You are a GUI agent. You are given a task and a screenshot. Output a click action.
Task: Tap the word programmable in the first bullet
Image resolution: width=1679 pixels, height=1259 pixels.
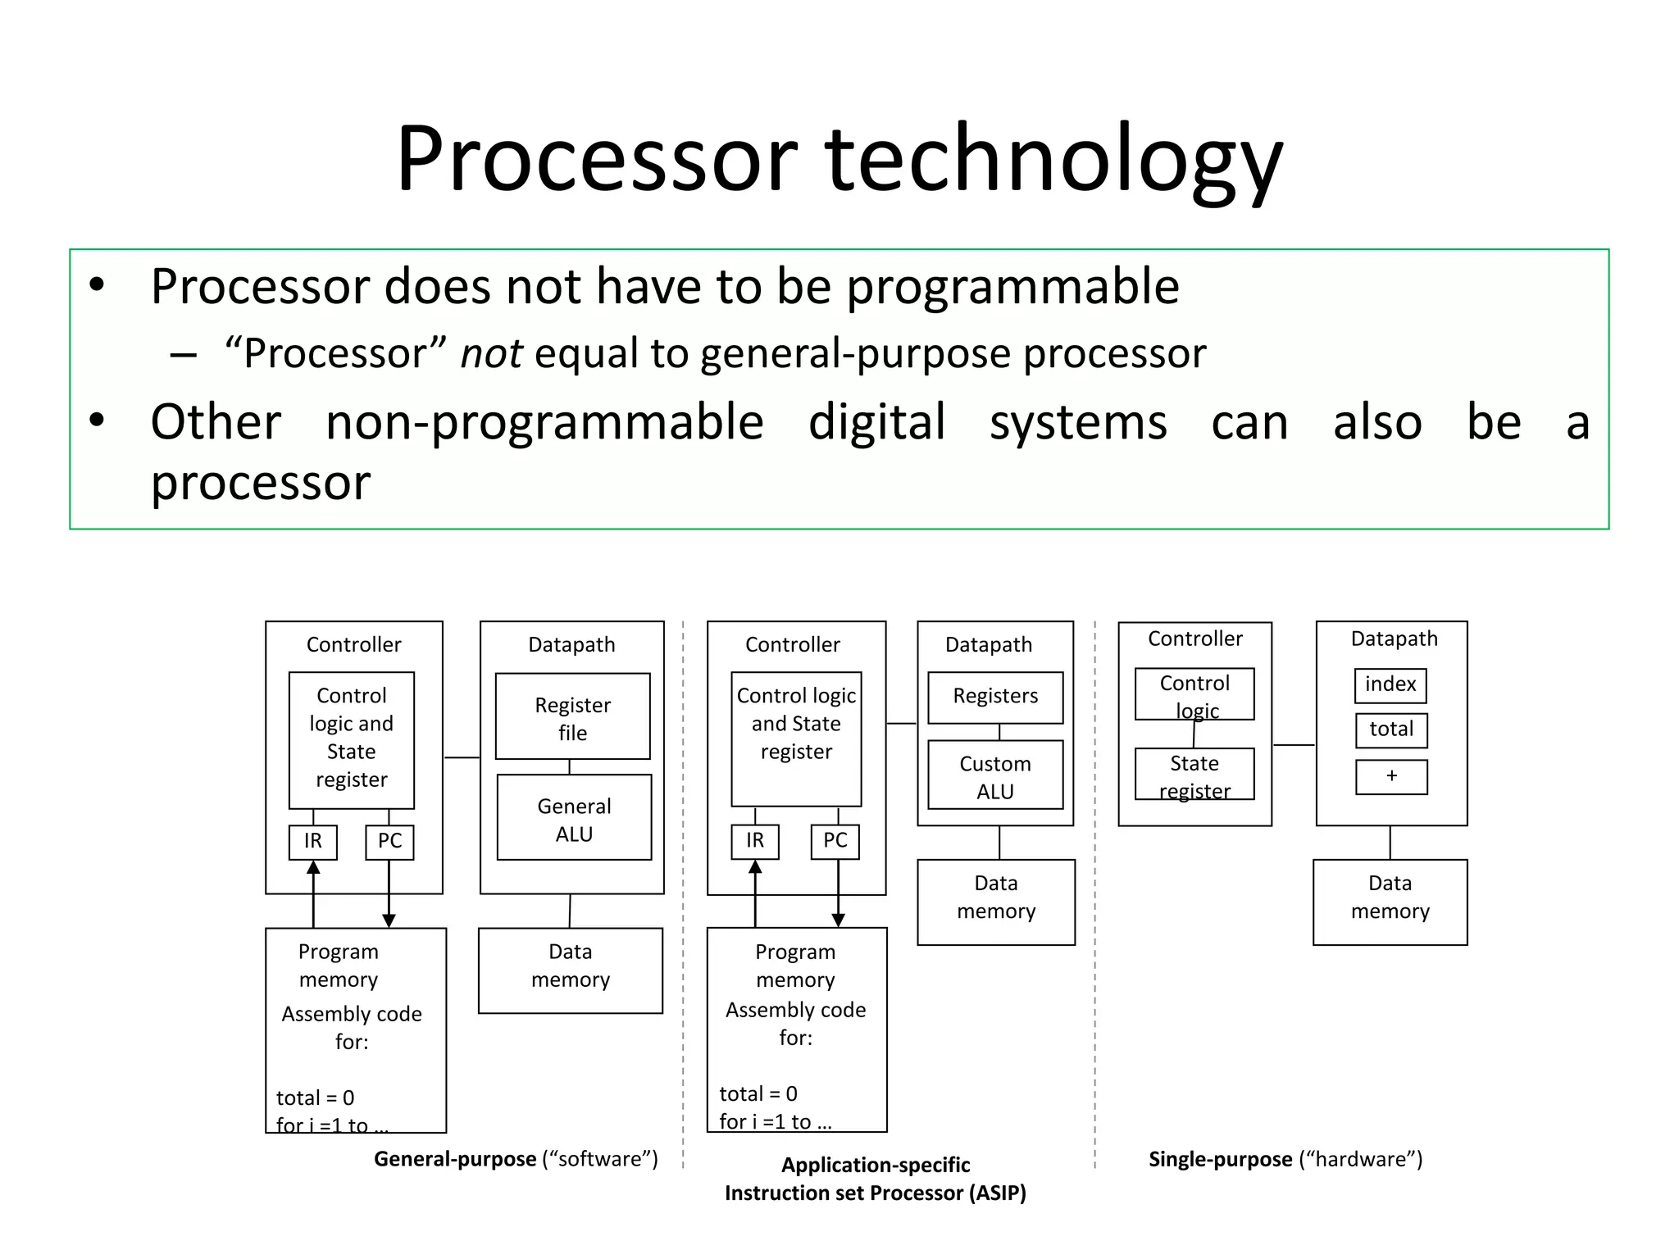click(x=1012, y=287)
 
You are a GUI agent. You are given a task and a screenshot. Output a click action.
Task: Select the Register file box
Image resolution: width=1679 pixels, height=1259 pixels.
click(x=572, y=717)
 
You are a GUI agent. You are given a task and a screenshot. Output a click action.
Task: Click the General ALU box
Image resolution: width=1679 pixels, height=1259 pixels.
click(x=574, y=818)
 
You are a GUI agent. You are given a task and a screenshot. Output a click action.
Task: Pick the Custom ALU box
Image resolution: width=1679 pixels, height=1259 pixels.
click(x=994, y=775)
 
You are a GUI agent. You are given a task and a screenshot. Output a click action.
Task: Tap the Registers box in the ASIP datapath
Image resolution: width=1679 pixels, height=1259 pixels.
click(x=994, y=697)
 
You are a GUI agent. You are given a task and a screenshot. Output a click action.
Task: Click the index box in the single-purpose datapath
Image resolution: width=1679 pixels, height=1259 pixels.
click(x=1390, y=685)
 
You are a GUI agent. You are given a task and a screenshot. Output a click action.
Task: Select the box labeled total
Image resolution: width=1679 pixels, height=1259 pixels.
click(x=1390, y=729)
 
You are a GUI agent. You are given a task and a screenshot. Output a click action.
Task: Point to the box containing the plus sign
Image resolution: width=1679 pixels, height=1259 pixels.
click(x=1390, y=776)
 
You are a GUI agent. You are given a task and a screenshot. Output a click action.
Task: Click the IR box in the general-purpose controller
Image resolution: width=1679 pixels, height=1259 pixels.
click(x=313, y=842)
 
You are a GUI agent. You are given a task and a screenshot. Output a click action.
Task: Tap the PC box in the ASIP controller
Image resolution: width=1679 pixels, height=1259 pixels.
click(x=835, y=842)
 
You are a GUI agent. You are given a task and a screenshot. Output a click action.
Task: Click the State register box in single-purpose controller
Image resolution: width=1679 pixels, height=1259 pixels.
click(x=1194, y=775)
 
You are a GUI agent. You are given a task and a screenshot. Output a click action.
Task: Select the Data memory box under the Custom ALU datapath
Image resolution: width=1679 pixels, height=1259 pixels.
click(x=995, y=901)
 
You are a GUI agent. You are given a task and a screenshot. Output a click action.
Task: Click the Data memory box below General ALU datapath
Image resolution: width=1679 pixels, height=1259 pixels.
click(x=570, y=970)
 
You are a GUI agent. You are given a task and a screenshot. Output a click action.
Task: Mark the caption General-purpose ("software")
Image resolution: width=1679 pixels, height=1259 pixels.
click(x=516, y=1159)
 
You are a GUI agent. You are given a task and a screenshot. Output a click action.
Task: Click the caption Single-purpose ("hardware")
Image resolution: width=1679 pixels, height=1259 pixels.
click(x=1285, y=1159)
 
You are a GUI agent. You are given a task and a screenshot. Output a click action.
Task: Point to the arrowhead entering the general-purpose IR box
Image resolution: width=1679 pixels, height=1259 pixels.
click(x=313, y=867)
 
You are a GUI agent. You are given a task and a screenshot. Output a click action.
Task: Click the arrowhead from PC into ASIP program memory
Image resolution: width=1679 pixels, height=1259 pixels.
click(x=838, y=920)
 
